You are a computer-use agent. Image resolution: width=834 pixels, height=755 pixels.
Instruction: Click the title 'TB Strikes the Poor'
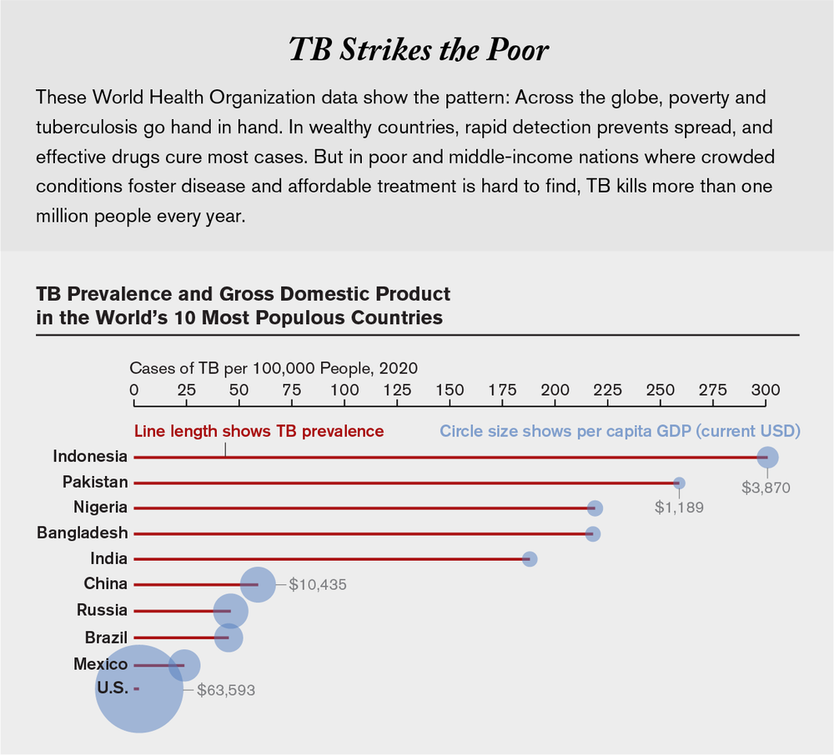pyautogui.click(x=419, y=49)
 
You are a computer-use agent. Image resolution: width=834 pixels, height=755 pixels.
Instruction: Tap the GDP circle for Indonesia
pyautogui.click(x=767, y=457)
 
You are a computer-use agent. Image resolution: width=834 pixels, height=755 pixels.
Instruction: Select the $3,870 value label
pyautogui.click(x=766, y=487)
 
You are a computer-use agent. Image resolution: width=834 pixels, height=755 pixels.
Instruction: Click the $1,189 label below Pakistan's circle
pyautogui.click(x=679, y=507)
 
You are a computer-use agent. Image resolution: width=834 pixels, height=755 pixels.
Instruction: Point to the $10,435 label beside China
pyautogui.click(x=318, y=585)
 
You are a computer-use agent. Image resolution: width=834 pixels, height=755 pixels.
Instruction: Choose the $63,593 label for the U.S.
pyautogui.click(x=226, y=690)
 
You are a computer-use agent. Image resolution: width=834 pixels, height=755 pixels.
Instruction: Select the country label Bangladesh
pyautogui.click(x=82, y=533)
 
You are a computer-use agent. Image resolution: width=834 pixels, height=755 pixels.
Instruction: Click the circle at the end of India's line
pyautogui.click(x=530, y=558)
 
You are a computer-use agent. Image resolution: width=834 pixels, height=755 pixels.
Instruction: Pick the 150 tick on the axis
pyautogui.click(x=450, y=389)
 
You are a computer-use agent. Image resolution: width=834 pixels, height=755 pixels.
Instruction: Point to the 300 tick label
pyautogui.click(x=765, y=389)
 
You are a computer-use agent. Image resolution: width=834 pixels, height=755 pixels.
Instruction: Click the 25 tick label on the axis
pyautogui.click(x=187, y=389)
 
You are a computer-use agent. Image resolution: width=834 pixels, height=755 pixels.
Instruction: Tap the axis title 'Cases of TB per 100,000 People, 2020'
pyautogui.click(x=274, y=367)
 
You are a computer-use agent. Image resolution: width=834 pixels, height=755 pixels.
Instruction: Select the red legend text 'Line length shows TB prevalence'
pyautogui.click(x=259, y=431)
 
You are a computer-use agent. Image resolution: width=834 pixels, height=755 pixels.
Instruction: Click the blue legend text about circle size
pyautogui.click(x=620, y=431)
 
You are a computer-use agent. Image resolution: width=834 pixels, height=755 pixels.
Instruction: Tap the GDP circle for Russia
pyautogui.click(x=230, y=611)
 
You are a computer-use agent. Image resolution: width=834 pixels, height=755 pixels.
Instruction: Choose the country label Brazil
pyautogui.click(x=106, y=637)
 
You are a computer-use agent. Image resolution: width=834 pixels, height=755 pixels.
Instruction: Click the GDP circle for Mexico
pyautogui.click(x=184, y=665)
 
